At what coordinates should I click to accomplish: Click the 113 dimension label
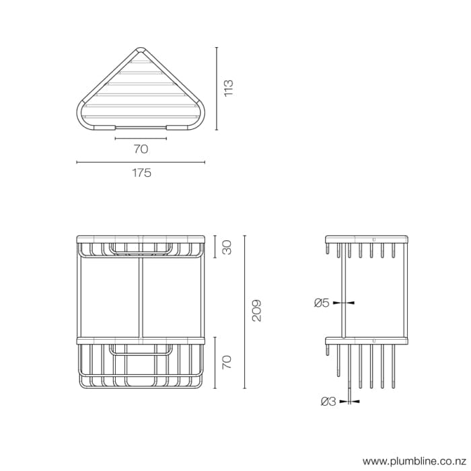229,88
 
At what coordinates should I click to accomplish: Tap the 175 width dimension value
141,173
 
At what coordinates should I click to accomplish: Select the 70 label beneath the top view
141,149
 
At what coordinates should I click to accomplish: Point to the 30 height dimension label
227,247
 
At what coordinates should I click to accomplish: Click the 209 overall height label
256,311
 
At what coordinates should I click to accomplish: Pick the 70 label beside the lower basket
227,363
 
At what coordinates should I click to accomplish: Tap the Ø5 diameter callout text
322,303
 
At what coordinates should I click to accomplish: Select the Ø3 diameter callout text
328,402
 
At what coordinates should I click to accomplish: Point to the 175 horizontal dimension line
141,162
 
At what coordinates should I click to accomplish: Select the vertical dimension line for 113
217,88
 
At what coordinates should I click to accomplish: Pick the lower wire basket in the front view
141,367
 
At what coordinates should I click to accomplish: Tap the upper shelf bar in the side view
367,239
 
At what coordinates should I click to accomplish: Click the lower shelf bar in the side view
367,340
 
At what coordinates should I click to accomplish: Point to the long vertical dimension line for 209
244,311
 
